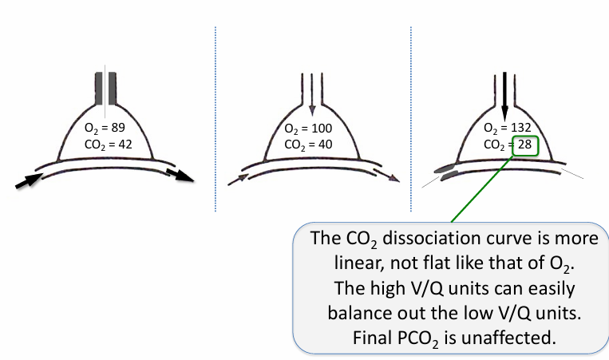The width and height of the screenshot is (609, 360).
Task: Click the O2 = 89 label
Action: (105, 128)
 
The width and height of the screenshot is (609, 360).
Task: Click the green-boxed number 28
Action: (524, 145)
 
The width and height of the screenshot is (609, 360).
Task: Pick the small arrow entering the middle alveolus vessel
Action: (238, 180)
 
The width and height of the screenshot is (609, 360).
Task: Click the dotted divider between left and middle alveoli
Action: (215, 120)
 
